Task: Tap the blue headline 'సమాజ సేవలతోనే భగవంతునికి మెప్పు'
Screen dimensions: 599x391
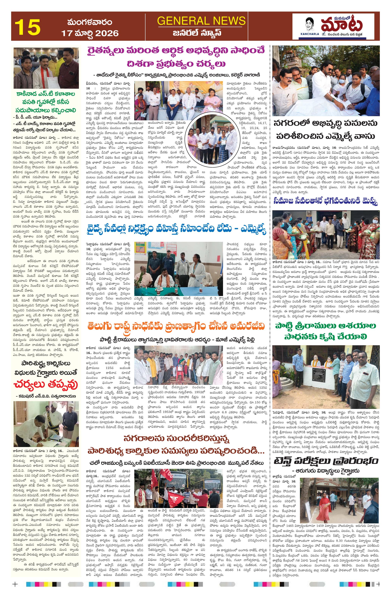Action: pos(326,202)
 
